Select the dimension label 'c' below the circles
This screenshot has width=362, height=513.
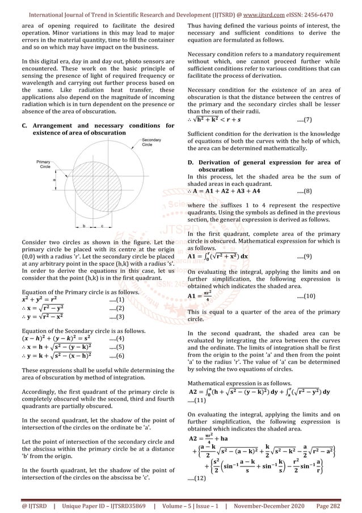coord(102,226)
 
